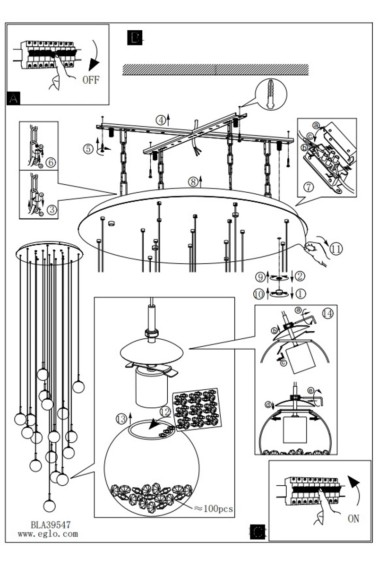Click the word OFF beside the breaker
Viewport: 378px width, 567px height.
[91, 80]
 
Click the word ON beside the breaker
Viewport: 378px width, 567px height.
[353, 519]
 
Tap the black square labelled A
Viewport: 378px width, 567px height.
[13, 98]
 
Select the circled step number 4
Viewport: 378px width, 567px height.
[161, 120]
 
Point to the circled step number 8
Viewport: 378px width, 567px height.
[193, 182]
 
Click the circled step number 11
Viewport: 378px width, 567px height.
[336, 249]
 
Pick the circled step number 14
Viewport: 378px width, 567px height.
[327, 314]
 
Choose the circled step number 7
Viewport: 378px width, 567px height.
[309, 187]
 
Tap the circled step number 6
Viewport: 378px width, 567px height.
[51, 163]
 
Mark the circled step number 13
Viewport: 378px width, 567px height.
[121, 419]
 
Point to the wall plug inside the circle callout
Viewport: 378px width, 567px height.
[271, 94]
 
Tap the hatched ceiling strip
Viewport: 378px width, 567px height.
[215, 69]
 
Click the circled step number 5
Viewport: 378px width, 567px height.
[88, 148]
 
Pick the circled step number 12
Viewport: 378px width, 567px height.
[165, 412]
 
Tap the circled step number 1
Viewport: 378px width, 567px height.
[301, 294]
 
